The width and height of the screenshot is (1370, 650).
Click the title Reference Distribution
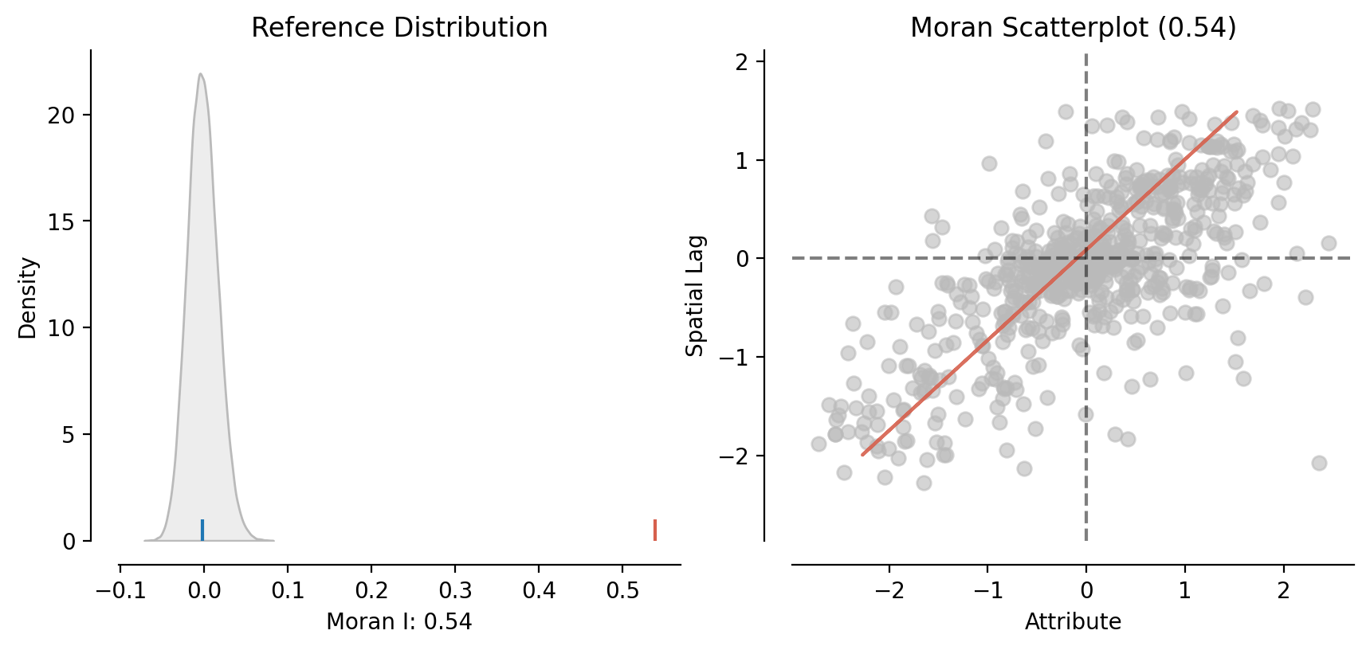click(399, 28)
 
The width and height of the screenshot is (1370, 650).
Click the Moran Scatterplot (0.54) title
click(1073, 28)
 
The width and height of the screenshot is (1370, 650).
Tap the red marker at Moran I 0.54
click(655, 530)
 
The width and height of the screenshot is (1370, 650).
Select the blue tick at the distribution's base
click(202, 530)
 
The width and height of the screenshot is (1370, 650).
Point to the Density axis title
click(28, 297)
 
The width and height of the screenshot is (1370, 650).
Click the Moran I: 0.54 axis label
click(399, 622)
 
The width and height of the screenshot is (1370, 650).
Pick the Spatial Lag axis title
click(696, 295)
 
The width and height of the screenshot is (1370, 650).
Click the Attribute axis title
click(1073, 622)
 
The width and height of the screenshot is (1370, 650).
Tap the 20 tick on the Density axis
click(61, 116)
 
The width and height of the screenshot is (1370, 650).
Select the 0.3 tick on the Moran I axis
click(455, 590)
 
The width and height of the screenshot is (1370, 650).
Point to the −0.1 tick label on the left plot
click(120, 590)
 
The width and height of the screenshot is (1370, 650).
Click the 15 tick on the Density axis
click(61, 222)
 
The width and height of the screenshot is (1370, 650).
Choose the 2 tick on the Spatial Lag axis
click(742, 61)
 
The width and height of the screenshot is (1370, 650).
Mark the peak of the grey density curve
click(201, 74)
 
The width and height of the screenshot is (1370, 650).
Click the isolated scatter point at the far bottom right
click(1319, 463)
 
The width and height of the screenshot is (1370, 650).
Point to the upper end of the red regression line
click(1236, 112)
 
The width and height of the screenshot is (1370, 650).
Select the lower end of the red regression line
click(862, 455)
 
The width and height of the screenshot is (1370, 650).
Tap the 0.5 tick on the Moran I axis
click(622, 590)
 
